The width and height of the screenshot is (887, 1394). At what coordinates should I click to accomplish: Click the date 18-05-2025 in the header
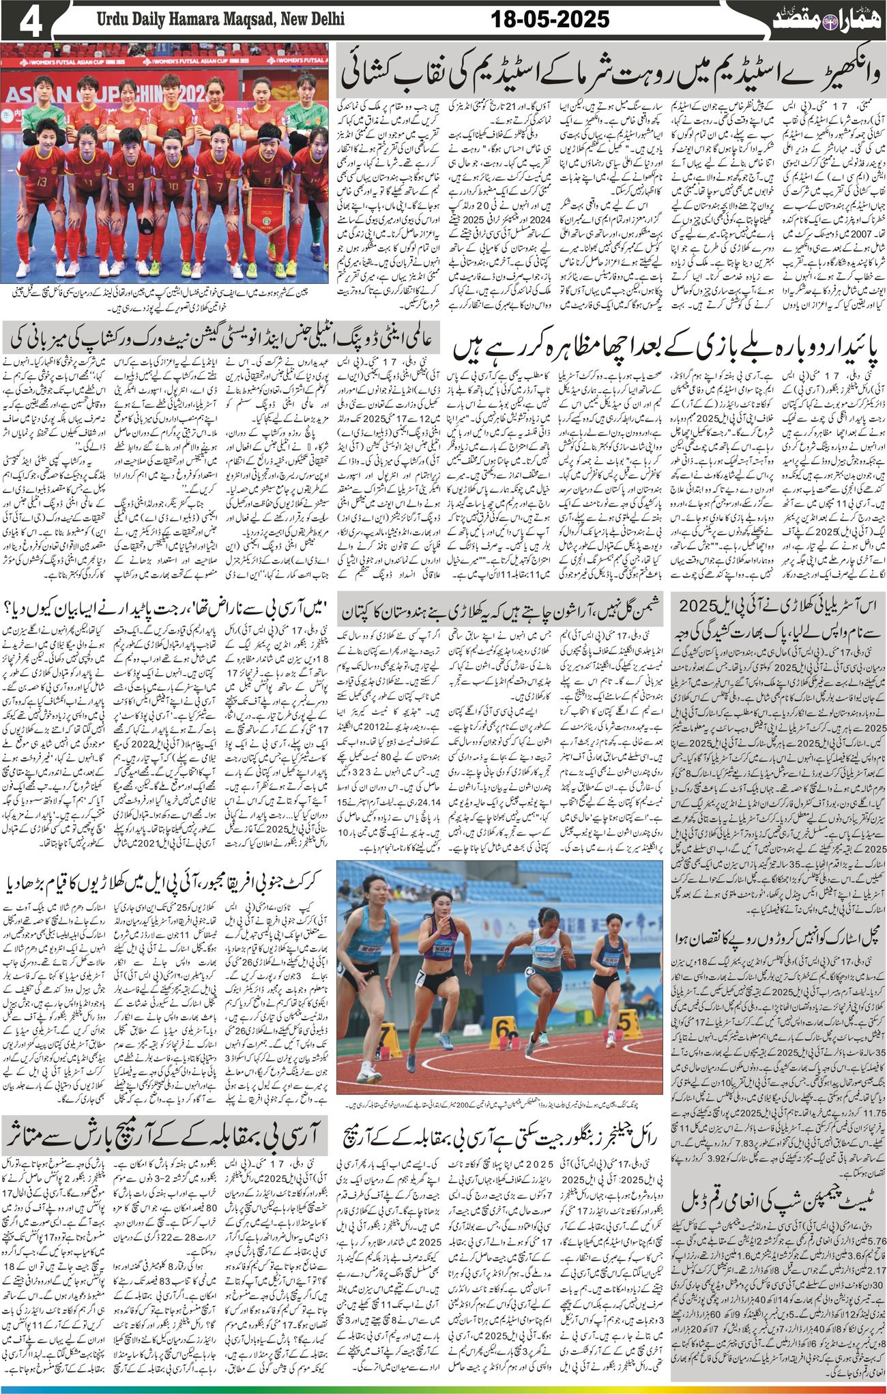(x=550, y=20)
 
